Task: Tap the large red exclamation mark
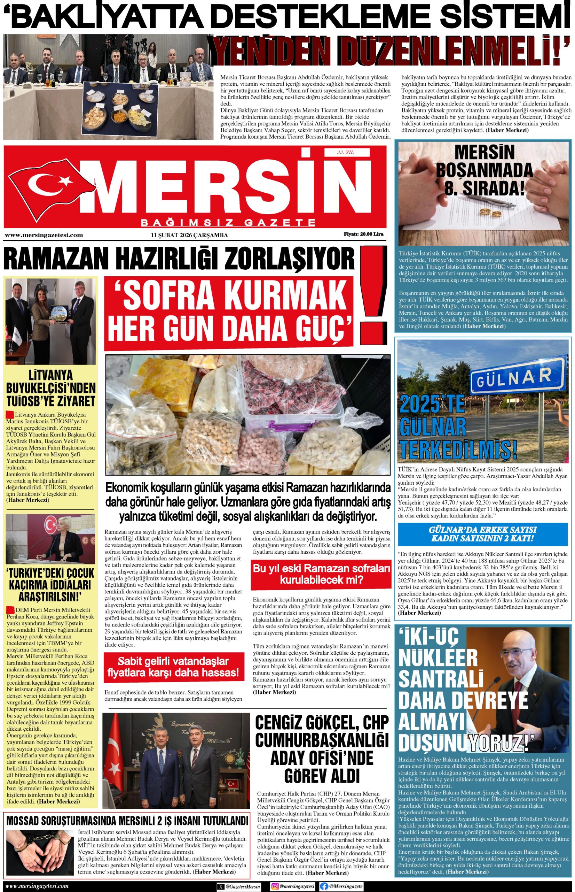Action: [x=373, y=284]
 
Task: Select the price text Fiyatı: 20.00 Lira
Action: [x=363, y=234]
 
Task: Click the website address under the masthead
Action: [x=44, y=235]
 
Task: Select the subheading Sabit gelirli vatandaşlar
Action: [x=173, y=666]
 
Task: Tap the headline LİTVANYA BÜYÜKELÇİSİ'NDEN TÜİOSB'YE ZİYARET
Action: [x=51, y=389]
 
